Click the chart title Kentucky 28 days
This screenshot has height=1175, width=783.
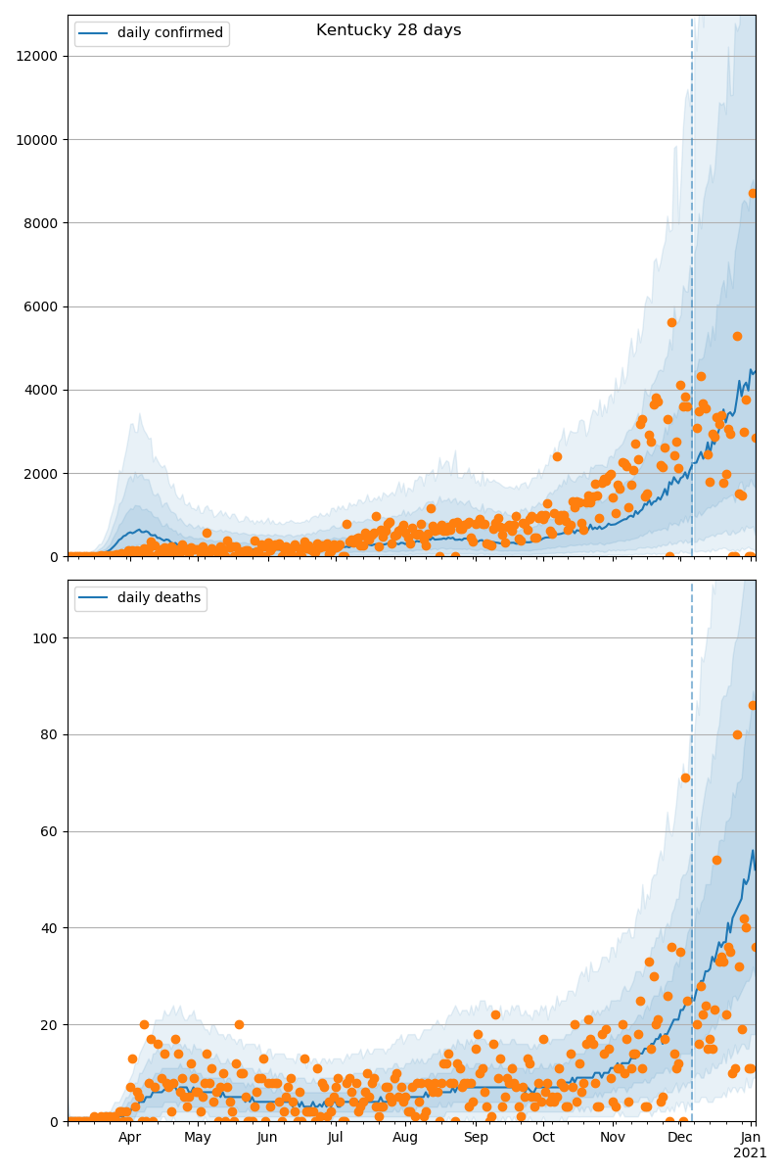(x=389, y=30)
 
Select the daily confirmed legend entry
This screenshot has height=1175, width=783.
(x=169, y=33)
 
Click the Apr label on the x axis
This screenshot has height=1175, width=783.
(x=130, y=1138)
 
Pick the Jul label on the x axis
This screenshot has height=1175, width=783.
(x=336, y=1138)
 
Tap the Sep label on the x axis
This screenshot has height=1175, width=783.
(x=476, y=1138)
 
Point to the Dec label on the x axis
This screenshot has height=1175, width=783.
(x=680, y=1138)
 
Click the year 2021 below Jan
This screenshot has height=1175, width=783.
(x=751, y=1153)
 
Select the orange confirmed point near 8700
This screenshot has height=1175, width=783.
(x=753, y=193)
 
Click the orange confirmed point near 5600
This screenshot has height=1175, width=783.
(x=671, y=322)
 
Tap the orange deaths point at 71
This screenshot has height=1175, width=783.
(x=685, y=777)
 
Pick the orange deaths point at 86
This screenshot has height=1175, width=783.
(x=753, y=705)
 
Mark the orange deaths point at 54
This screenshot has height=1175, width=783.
(x=716, y=860)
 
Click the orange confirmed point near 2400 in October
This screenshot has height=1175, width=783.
(x=557, y=456)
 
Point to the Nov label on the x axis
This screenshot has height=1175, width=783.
(x=613, y=1138)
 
